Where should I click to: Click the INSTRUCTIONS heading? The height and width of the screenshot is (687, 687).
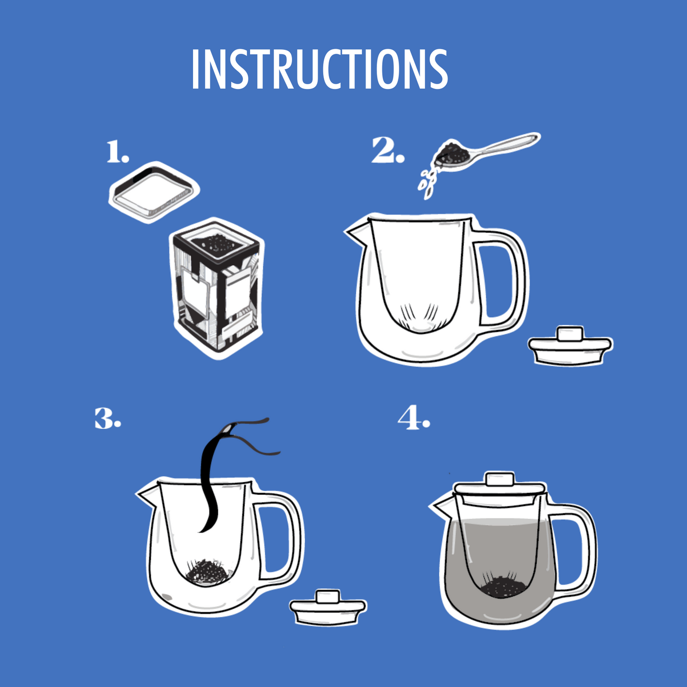tap(319, 69)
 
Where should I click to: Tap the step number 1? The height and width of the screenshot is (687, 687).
tap(116, 152)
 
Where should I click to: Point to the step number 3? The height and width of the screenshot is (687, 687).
tap(107, 418)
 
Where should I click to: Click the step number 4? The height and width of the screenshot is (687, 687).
tap(413, 418)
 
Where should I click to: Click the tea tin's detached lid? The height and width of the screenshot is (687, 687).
tap(153, 192)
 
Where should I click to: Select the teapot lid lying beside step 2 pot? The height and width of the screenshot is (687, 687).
tap(571, 346)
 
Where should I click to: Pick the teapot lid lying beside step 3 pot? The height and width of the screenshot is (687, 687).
tap(328, 608)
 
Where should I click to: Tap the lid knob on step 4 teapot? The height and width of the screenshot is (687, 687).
tap(499, 478)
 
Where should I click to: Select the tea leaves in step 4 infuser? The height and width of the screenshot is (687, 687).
tap(503, 586)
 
